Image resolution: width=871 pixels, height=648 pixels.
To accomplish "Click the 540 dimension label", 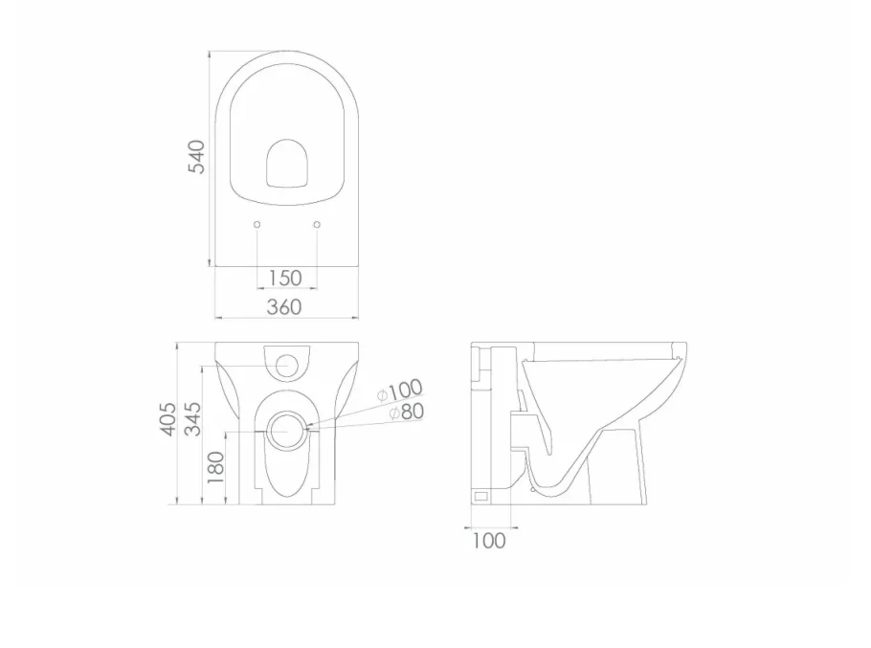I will (196, 157).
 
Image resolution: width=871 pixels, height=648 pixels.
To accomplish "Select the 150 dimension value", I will (284, 278).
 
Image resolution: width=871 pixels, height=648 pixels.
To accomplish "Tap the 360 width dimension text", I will (284, 306).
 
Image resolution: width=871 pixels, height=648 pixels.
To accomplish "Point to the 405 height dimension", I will (168, 419).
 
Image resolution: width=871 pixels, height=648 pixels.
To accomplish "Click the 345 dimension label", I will (193, 419).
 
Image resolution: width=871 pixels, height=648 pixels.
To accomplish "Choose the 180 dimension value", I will (215, 465).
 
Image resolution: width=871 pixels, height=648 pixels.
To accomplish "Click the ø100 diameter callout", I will (399, 391).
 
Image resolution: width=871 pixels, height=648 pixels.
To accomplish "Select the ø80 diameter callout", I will (406, 413).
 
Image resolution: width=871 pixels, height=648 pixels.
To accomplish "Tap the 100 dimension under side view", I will (488, 541).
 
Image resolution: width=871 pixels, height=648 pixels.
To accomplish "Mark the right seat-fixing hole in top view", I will (317, 224).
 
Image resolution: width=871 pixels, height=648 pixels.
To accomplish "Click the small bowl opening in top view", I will (286, 165).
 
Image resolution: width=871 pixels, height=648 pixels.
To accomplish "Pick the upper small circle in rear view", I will (285, 365).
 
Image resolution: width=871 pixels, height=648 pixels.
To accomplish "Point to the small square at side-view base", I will (481, 497).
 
